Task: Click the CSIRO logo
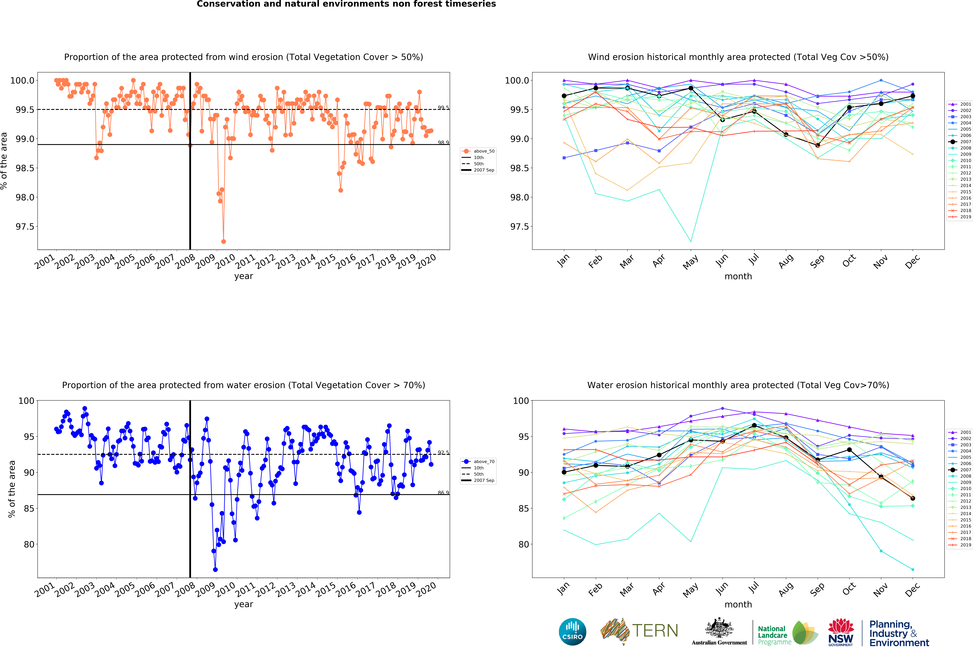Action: (572, 631)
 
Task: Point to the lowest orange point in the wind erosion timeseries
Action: (224, 241)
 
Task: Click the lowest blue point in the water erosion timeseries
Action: (215, 570)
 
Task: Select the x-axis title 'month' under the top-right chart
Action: (738, 276)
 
